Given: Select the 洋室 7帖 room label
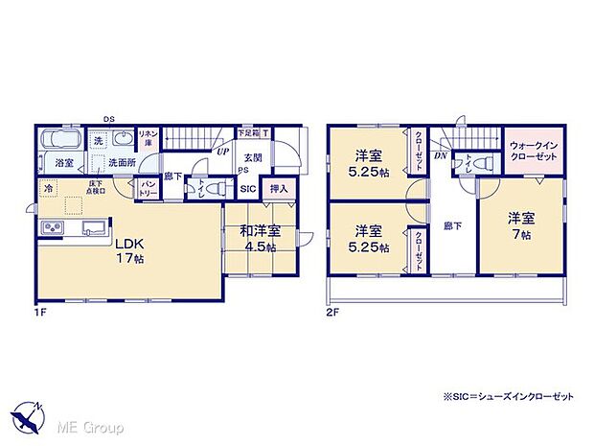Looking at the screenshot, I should (523, 226).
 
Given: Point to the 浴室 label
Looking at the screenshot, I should (64, 163).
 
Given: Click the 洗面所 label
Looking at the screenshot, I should (120, 163).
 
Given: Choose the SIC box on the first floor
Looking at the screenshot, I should (248, 189).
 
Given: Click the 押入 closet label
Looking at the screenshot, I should (279, 189).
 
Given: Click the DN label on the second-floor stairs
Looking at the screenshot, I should (441, 153).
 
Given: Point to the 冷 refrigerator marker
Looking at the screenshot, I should (46, 190).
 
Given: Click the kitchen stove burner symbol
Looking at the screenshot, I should (51, 227).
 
